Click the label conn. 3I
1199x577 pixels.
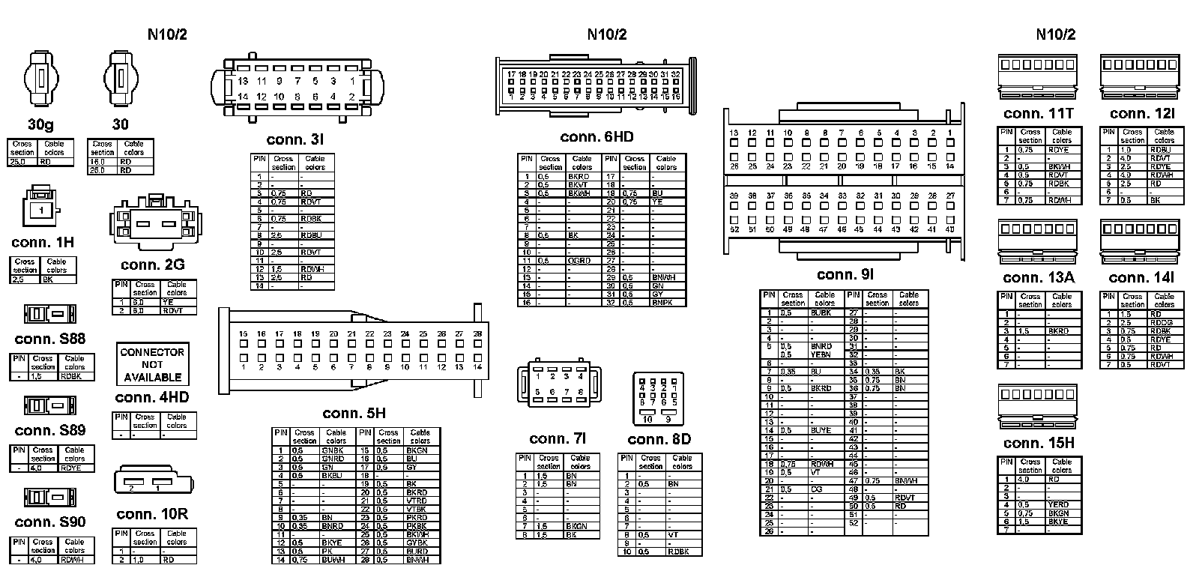pos(295,140)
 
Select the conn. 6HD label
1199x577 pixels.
pos(597,137)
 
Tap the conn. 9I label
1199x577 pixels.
pos(845,275)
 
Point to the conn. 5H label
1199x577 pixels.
pos(354,414)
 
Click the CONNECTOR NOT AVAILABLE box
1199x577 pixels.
pos(152,365)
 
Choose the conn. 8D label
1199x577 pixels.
pos(659,439)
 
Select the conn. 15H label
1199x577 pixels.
pos(1039,443)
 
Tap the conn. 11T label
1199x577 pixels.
pos(1039,114)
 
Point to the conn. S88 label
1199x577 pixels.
pos(50,339)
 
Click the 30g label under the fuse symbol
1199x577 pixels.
pos(40,125)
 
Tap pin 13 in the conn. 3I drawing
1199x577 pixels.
pos(243,81)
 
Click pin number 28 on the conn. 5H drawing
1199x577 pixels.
pos(477,334)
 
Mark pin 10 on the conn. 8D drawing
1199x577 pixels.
pos(648,419)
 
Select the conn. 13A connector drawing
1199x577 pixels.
pos(1037,242)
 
